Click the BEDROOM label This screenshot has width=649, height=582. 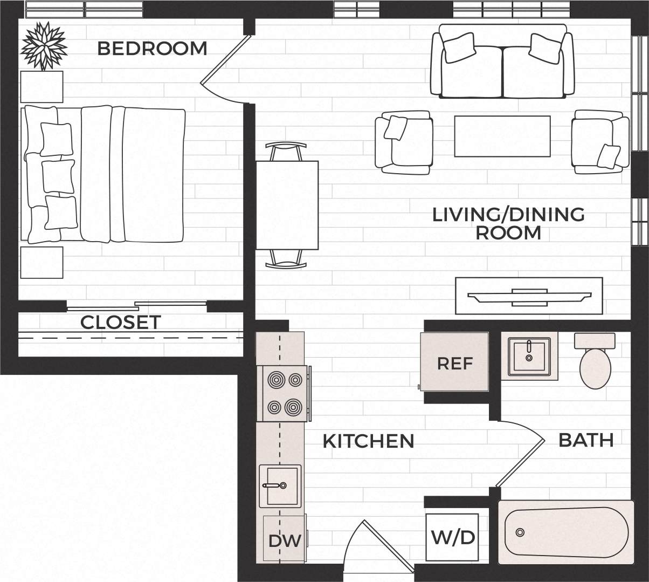(152, 49)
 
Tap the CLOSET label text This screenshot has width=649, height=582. (120, 323)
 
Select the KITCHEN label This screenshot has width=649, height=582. (368, 441)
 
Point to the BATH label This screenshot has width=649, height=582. (586, 440)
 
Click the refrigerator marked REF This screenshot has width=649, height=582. (454, 362)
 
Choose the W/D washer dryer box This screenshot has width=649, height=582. (453, 537)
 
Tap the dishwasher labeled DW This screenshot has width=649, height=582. (284, 540)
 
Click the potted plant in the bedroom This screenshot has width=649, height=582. (43, 45)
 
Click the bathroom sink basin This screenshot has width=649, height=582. (528, 357)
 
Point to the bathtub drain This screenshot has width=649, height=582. (520, 532)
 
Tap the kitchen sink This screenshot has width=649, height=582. (280, 485)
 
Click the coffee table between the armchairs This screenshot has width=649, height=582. (502, 136)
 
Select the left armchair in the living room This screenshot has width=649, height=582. (404, 142)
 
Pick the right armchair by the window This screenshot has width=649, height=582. (599, 142)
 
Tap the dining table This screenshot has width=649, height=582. (287, 205)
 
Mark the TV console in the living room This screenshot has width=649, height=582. (529, 295)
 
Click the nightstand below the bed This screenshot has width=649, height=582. (42, 263)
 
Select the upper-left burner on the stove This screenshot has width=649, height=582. (276, 380)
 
